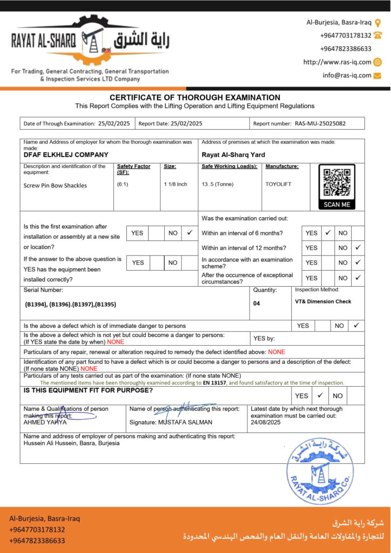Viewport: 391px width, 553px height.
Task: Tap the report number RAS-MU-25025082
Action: click(320, 123)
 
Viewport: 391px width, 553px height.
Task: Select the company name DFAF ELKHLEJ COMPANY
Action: click(66, 154)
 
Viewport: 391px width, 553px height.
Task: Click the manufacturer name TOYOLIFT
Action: click(278, 184)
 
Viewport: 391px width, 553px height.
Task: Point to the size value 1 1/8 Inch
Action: click(176, 184)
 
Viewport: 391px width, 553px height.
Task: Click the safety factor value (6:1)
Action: click(123, 184)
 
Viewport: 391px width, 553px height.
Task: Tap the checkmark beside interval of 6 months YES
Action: click(328, 233)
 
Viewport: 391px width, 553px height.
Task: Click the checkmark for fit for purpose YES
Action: click(320, 395)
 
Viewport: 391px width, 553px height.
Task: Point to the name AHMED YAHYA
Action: click(45, 422)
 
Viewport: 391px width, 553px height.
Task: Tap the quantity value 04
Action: click(257, 304)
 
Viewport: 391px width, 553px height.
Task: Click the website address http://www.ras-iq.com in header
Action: click(338, 62)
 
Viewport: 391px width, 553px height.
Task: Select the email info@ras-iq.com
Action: click(347, 76)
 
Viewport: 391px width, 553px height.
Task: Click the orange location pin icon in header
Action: click(378, 23)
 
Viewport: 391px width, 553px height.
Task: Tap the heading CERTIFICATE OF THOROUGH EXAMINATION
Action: click(195, 97)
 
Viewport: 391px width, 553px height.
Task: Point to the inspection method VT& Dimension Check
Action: click(323, 301)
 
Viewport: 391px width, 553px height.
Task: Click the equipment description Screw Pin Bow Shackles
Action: click(55, 185)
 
